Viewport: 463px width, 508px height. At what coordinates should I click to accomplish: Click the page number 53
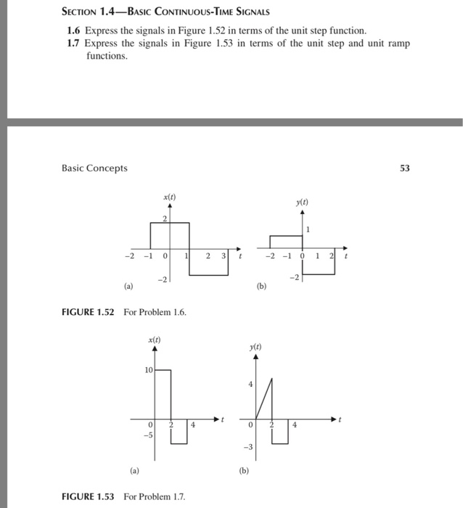coord(404,168)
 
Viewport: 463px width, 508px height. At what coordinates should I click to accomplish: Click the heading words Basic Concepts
coord(94,168)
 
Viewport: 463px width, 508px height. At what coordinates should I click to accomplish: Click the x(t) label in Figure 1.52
coord(168,197)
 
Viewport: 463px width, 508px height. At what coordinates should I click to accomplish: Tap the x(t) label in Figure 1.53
coord(154,340)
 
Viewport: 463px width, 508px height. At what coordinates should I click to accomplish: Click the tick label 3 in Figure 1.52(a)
coord(223,256)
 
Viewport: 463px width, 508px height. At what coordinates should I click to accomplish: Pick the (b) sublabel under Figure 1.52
coord(262,286)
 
